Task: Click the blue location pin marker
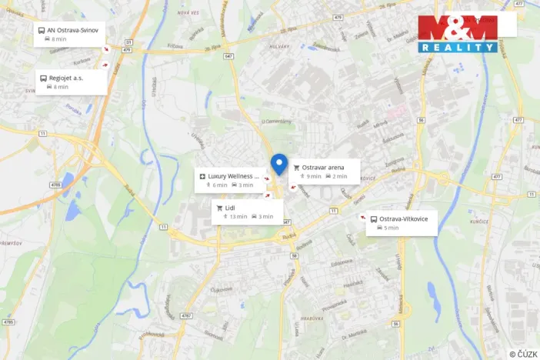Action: [x=278, y=163]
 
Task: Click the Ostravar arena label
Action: [x=323, y=167]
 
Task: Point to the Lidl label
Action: [x=230, y=208]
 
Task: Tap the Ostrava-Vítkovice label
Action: [x=404, y=218]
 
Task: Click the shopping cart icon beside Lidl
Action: [x=219, y=208]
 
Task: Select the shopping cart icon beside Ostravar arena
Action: [x=296, y=167]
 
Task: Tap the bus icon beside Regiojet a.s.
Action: [x=42, y=78]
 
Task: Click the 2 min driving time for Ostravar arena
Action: [x=336, y=176]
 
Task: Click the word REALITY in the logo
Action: [x=458, y=48]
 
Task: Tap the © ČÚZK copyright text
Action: [x=522, y=353]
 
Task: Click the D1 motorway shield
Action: [x=128, y=42]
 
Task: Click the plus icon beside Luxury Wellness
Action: [x=202, y=176]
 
